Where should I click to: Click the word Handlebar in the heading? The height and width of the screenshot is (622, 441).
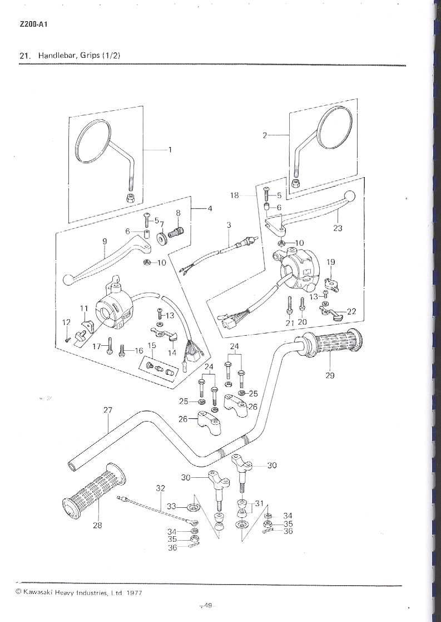pyautogui.click(x=56, y=56)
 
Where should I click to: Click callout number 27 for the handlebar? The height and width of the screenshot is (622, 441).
pyautogui.click(x=107, y=410)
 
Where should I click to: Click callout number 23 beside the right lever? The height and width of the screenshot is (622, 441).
pyautogui.click(x=338, y=228)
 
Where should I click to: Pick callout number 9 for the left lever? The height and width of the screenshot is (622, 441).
pyautogui.click(x=104, y=241)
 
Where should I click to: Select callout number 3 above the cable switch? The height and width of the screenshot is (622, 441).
pyautogui.click(x=229, y=224)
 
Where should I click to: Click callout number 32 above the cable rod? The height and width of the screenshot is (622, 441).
pyautogui.click(x=161, y=488)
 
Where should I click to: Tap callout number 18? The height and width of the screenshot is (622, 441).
pyautogui.click(x=235, y=195)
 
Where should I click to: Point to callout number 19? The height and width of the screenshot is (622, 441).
pyautogui.click(x=330, y=262)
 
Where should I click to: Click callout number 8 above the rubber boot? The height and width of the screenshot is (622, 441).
pyautogui.click(x=178, y=213)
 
